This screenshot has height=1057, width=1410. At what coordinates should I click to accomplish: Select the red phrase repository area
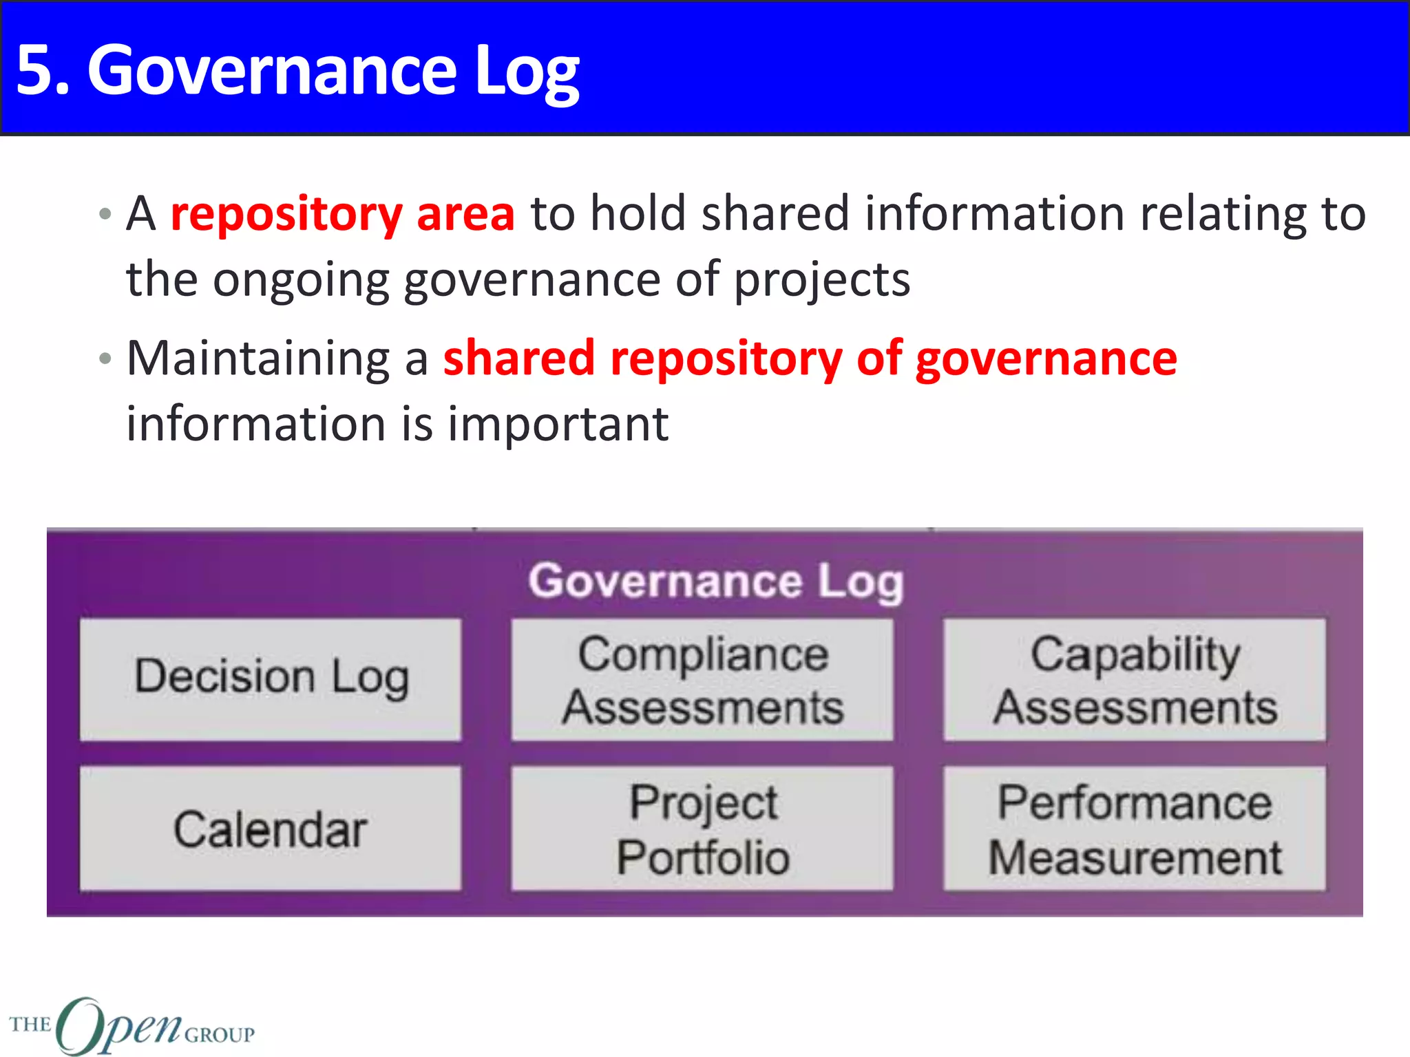coord(342,213)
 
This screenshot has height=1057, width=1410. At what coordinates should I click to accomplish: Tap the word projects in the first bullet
coord(822,281)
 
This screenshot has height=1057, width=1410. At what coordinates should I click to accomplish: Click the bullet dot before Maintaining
coord(105,359)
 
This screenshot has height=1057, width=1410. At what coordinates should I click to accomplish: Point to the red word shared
coord(519,359)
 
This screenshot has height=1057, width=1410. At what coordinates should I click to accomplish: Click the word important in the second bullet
coord(558,424)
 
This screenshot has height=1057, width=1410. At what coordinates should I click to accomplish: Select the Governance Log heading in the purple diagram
coord(716,581)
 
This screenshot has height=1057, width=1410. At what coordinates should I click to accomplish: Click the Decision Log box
coord(271,679)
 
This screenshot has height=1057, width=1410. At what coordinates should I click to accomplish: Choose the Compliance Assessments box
coord(702,679)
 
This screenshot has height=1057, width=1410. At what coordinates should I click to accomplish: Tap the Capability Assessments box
coord(1134,679)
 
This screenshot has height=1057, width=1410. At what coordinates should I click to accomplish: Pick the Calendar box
coord(271,828)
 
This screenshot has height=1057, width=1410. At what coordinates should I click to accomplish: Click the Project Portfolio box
coord(702,828)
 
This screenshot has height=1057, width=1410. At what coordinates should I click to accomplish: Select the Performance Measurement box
coord(1134,828)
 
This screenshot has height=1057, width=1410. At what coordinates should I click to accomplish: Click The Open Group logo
coord(131,1025)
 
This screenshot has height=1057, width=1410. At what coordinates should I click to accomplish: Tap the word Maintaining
coord(258,359)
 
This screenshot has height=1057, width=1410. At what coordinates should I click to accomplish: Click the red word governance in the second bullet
coord(1046,359)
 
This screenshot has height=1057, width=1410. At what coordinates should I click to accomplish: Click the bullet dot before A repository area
coord(105,213)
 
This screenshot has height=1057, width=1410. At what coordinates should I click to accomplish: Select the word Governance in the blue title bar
coord(272,70)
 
